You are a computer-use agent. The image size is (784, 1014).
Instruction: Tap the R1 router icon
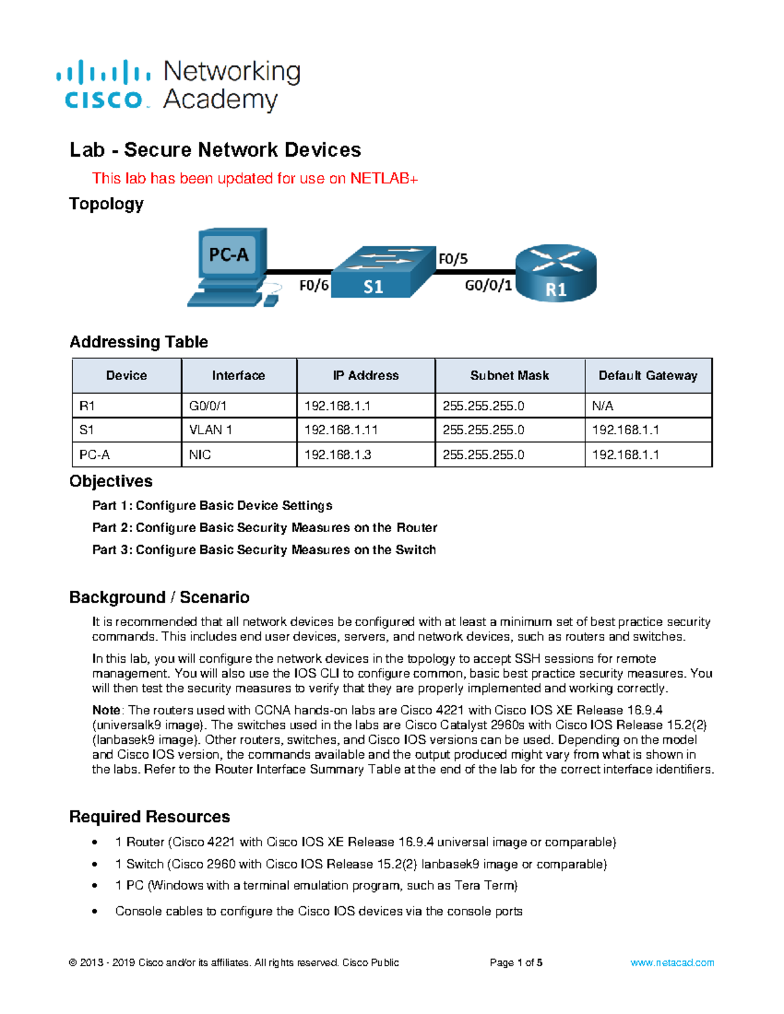(556, 273)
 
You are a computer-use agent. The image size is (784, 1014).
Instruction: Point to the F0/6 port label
(314, 286)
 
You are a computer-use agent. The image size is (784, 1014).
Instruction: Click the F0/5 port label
(453, 259)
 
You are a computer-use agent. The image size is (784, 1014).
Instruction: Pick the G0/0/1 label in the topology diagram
(488, 286)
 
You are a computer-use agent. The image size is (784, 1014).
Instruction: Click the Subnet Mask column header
(509, 375)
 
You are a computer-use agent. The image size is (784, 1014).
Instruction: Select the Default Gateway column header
(647, 375)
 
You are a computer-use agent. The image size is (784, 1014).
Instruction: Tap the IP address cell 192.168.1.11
(341, 430)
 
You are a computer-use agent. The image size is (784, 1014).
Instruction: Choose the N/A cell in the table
(602, 406)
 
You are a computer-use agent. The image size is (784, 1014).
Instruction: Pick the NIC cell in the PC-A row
(200, 455)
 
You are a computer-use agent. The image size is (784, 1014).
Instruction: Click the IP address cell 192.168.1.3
(338, 455)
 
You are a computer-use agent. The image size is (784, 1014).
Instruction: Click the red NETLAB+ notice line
(255, 179)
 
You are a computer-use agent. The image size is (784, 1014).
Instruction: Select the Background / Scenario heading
(159, 597)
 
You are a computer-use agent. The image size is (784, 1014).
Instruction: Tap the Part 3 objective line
(264, 550)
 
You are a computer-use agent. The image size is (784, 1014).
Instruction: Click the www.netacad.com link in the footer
(672, 962)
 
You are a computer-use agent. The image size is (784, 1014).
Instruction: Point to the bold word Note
(106, 710)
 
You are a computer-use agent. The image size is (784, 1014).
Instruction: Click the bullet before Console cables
(95, 911)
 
